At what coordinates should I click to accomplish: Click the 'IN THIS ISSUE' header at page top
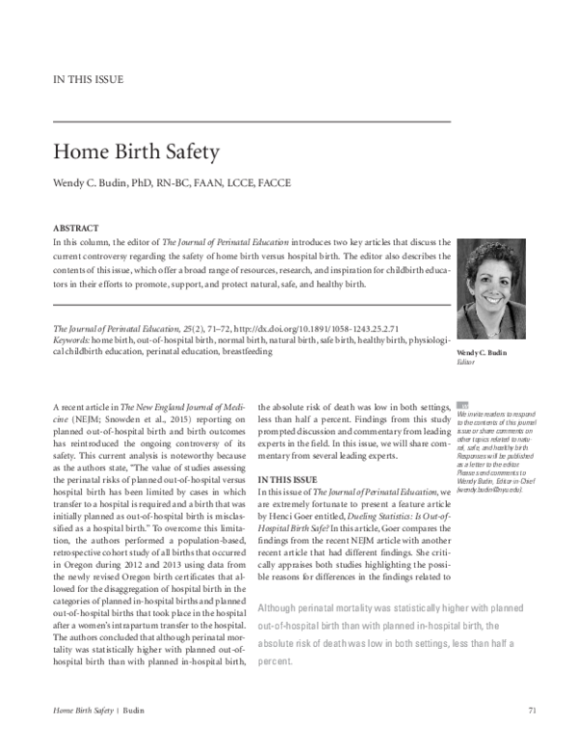tap(88, 79)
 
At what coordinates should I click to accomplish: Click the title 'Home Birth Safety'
tap(136, 151)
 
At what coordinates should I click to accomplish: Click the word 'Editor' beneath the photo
tap(466, 363)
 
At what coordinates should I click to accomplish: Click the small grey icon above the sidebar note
tap(462, 406)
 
